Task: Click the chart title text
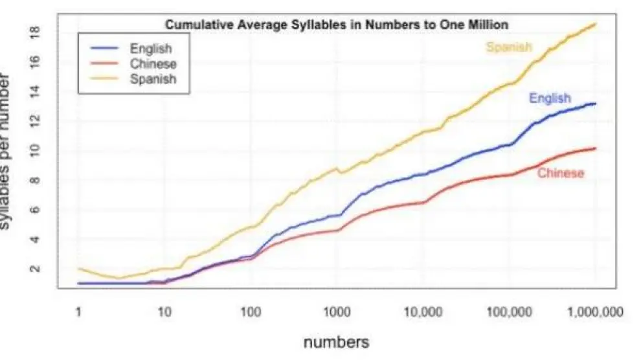[336, 25]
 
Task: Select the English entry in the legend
[150, 49]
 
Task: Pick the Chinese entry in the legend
[153, 63]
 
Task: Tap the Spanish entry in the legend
[153, 78]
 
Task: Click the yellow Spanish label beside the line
[509, 47]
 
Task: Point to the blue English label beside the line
[550, 98]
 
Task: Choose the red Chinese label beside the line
[561, 173]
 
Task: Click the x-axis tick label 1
[78, 312]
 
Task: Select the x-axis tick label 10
[164, 312]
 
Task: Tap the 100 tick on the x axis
[251, 312]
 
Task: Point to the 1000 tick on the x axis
[337, 312]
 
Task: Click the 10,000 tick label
[423, 312]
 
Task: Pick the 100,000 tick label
[509, 312]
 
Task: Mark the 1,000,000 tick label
[595, 312]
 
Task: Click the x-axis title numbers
[337, 341]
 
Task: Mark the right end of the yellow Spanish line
[596, 24]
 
